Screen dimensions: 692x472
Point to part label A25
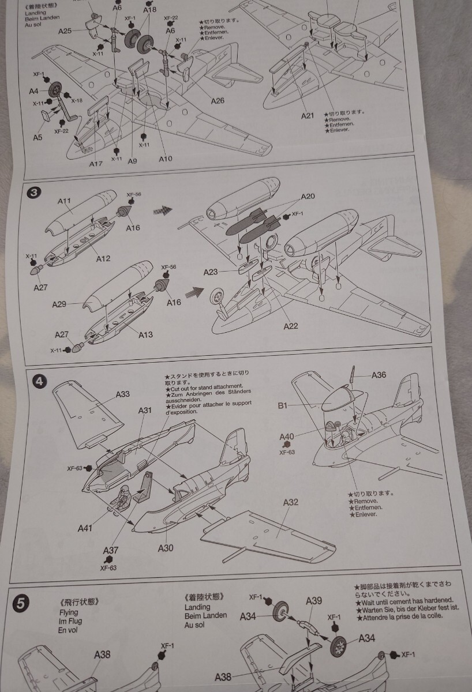[64, 31]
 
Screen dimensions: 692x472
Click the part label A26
[218, 101]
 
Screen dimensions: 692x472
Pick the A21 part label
[307, 116]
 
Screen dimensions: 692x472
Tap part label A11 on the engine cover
[65, 202]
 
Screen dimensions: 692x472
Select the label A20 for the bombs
[308, 197]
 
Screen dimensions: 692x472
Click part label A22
[291, 326]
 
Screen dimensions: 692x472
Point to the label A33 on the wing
[122, 394]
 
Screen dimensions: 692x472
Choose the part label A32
[291, 502]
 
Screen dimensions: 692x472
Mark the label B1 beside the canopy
[282, 406]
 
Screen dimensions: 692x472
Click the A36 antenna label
[379, 375]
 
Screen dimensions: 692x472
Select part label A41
[84, 527]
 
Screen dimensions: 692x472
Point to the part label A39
[314, 601]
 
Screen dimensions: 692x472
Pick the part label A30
[165, 548]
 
